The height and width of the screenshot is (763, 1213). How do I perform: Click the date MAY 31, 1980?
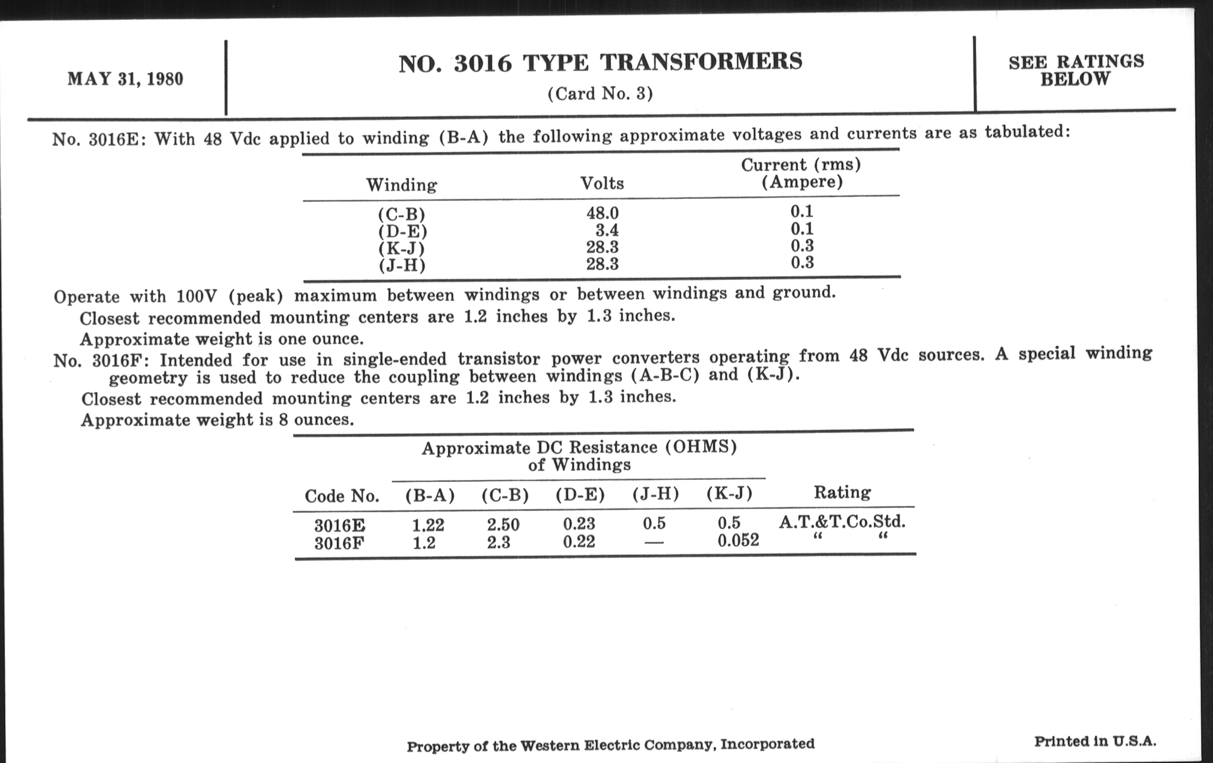pyautogui.click(x=125, y=80)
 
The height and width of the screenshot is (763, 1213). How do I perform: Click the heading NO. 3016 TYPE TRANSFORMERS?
pyautogui.click(x=600, y=63)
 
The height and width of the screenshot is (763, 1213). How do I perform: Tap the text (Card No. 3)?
pyautogui.click(x=600, y=94)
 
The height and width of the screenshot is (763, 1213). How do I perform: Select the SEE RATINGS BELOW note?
pyautogui.click(x=1076, y=70)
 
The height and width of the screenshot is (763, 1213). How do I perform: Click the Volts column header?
pyautogui.click(x=602, y=184)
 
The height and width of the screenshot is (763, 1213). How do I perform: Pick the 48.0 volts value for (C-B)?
pyautogui.click(x=602, y=213)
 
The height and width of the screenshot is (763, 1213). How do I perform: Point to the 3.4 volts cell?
pyautogui.click(x=606, y=231)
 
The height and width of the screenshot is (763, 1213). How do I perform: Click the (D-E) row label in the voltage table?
pyautogui.click(x=403, y=232)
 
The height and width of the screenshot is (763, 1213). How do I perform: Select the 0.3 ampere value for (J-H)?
pyautogui.click(x=802, y=262)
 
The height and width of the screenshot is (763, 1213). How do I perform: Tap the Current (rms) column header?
pyautogui.click(x=801, y=173)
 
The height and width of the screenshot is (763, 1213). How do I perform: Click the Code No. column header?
pyautogui.click(x=342, y=496)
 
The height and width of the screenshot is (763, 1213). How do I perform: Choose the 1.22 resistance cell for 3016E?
pyautogui.click(x=427, y=525)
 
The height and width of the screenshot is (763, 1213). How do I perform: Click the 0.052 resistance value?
pyautogui.click(x=738, y=541)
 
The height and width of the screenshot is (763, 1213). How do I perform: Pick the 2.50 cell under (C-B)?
pyautogui.click(x=503, y=525)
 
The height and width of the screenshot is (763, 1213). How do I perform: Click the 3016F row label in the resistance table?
pyautogui.click(x=339, y=544)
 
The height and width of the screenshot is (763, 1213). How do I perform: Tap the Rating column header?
pyautogui.click(x=842, y=492)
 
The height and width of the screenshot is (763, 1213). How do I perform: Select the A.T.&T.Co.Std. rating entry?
pyautogui.click(x=842, y=522)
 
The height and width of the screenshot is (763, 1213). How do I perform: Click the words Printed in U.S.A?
pyautogui.click(x=1095, y=741)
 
